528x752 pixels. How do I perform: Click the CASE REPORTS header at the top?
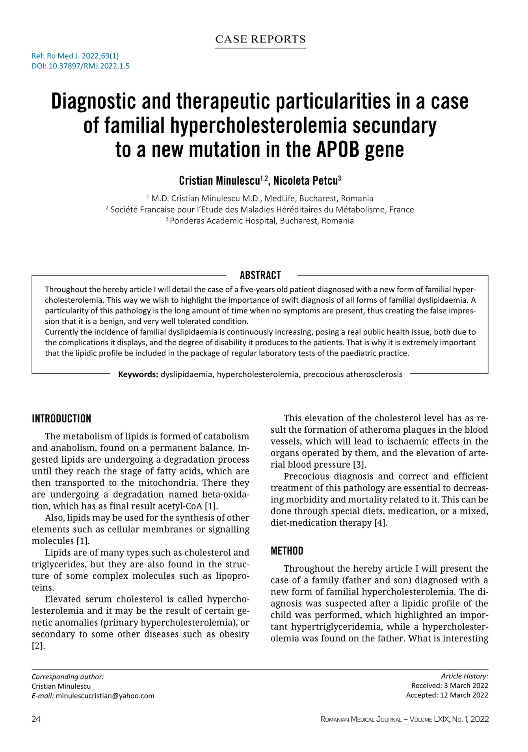260,39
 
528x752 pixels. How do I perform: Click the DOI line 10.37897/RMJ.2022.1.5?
80,66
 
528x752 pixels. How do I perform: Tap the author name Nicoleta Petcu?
306,181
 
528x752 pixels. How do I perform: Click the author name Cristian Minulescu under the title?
219,181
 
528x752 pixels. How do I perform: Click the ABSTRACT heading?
260,275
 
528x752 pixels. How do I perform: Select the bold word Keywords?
138,374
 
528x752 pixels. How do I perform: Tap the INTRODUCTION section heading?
61,419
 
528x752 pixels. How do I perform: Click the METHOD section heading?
287,551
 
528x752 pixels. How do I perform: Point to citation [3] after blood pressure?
360,465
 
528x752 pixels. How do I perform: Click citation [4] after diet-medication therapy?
381,523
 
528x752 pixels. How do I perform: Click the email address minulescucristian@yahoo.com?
105,696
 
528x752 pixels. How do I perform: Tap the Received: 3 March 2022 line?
450,685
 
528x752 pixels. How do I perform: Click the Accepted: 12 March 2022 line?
447,695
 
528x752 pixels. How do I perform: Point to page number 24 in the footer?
36,719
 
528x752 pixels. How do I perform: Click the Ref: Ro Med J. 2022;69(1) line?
75,56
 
